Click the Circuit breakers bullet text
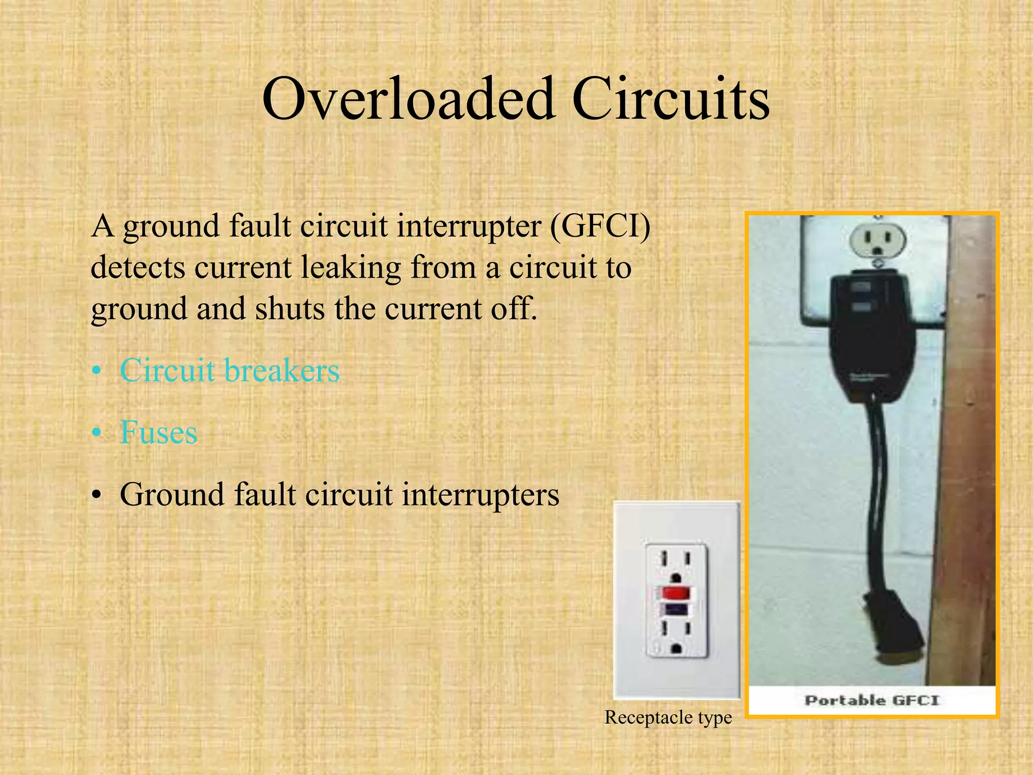tap(229, 370)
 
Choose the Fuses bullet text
tap(158, 432)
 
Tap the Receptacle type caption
tap(668, 717)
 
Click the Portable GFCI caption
tap(872, 700)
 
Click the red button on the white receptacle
tap(675, 591)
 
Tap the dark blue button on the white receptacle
tap(675, 610)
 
